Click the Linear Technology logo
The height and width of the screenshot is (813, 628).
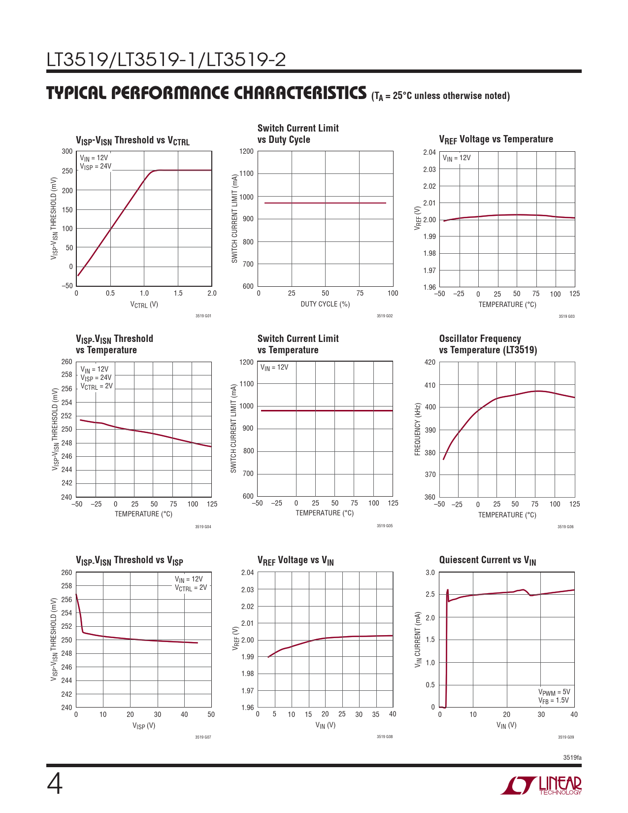(542, 785)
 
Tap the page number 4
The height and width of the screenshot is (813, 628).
(55, 784)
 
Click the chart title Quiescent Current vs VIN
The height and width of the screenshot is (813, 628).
(487, 560)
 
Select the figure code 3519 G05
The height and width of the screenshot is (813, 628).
(385, 526)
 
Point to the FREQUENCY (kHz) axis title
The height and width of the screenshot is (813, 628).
(418, 430)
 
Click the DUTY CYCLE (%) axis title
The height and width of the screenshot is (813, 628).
(325, 304)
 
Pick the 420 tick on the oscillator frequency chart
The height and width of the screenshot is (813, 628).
(430, 363)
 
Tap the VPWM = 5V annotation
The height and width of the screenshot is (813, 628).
(554, 692)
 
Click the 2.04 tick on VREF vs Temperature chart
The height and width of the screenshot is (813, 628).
(430, 152)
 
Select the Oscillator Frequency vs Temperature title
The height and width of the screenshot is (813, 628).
(488, 344)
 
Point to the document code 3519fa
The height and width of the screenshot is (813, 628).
(572, 757)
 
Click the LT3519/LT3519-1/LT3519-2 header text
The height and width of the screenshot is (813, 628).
(166, 60)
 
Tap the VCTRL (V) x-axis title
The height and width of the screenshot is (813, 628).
(144, 305)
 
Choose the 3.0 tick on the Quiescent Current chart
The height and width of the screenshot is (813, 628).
(430, 573)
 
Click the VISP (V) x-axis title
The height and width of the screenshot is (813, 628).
(143, 726)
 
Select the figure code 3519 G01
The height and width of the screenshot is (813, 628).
(203, 315)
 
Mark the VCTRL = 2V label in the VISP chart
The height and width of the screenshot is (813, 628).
(191, 588)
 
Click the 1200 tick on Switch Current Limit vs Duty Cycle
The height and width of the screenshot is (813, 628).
(246, 152)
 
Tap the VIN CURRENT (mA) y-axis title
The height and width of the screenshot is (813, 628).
(418, 640)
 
